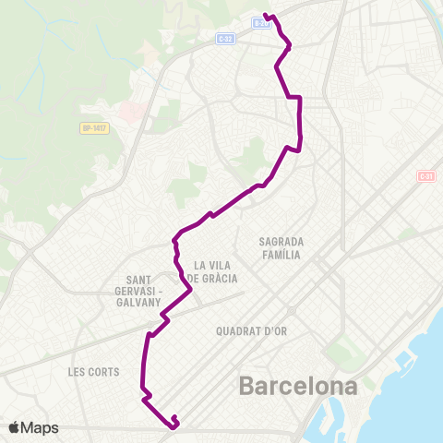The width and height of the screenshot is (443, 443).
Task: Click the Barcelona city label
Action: [298, 385]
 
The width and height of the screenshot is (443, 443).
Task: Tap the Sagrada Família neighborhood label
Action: [282, 247]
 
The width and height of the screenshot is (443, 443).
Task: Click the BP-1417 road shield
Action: [95, 128]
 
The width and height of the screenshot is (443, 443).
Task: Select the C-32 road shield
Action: [226, 38]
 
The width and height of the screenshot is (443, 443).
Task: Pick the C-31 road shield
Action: [425, 176]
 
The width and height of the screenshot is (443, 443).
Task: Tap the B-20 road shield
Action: [261, 23]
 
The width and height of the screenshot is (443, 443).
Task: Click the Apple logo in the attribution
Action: [16, 427]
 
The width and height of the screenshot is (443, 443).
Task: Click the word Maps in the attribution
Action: [42, 427]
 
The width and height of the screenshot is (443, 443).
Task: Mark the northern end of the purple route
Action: [266, 15]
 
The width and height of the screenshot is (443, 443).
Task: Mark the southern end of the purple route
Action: [174, 425]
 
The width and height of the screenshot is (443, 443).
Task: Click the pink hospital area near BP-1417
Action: [129, 112]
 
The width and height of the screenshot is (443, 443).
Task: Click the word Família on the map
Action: [282, 255]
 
